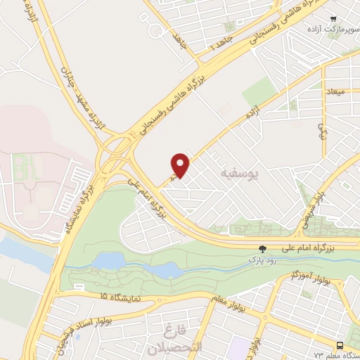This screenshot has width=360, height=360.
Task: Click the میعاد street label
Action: [333, 91]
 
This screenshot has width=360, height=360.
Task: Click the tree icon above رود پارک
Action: [263, 249]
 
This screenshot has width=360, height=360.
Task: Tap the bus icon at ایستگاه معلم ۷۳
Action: [340, 345]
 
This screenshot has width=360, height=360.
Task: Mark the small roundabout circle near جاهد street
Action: [154, 30]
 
